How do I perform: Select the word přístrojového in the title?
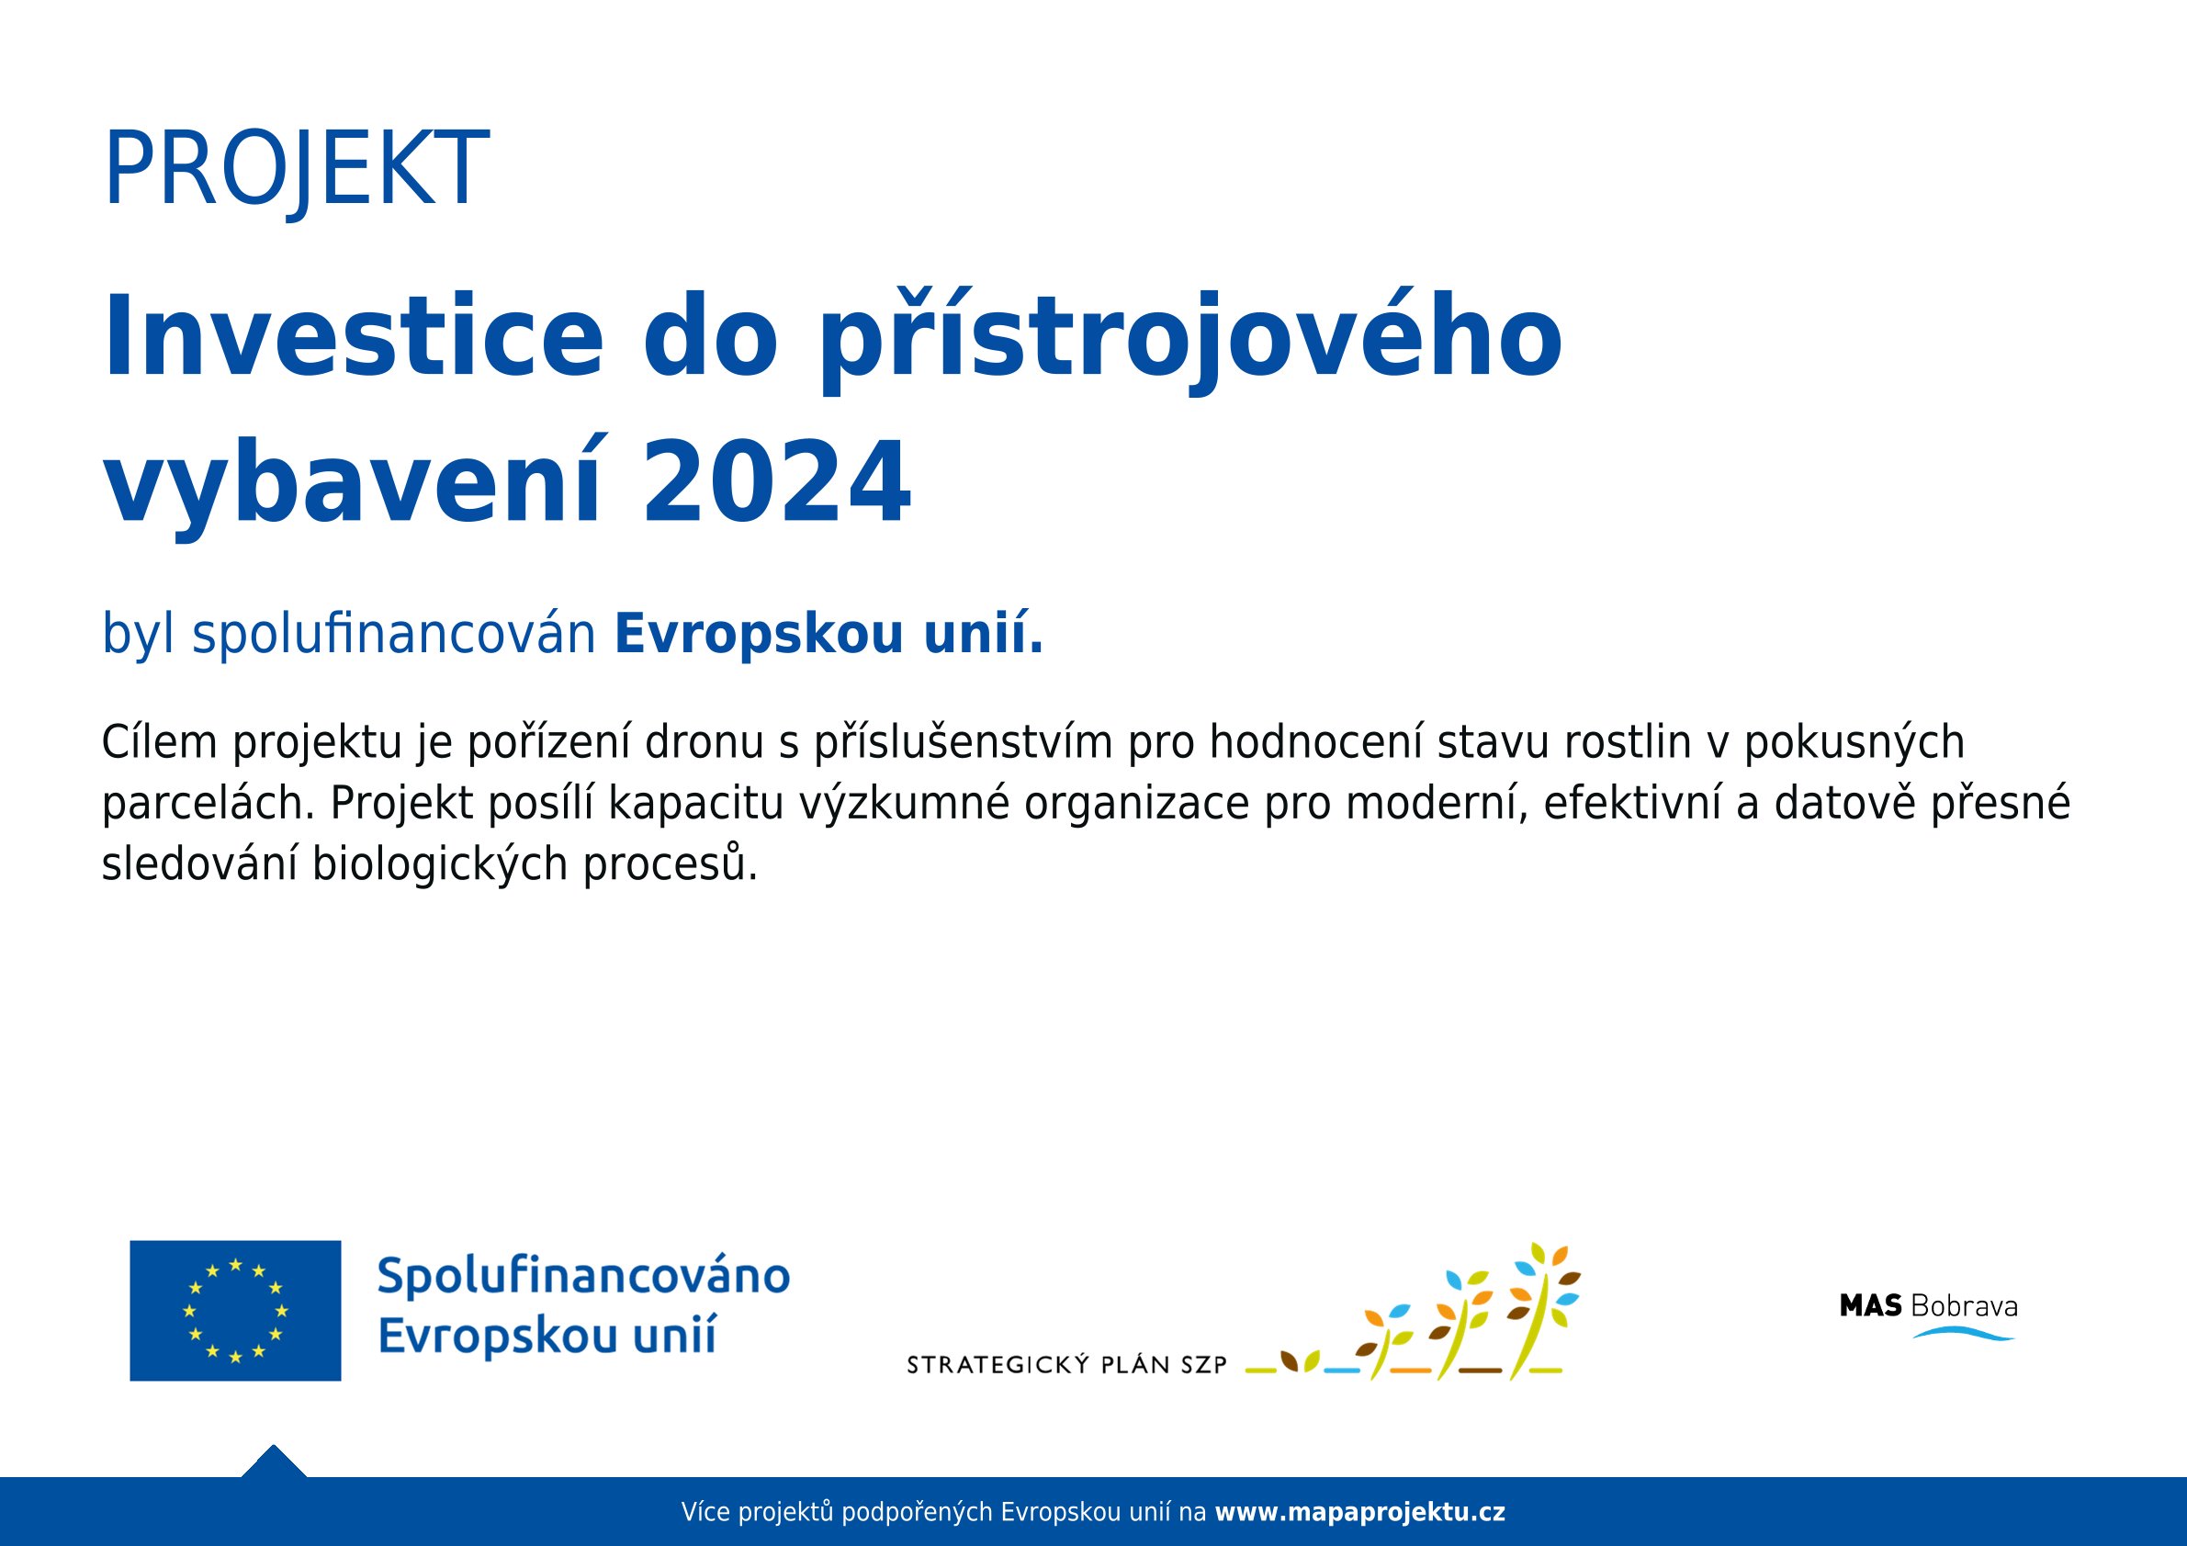coord(1189,340)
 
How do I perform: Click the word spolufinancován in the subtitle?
coord(394,636)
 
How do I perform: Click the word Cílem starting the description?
coord(160,743)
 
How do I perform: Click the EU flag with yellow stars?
coord(235,1311)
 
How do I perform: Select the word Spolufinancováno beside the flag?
coord(584,1278)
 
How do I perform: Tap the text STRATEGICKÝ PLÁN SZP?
coord(1066,1365)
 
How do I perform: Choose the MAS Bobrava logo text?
coord(1928,1306)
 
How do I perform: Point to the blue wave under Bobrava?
coord(1964,1334)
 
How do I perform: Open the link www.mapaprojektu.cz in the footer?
coord(1360,1512)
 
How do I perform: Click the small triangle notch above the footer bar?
coord(274,1462)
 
